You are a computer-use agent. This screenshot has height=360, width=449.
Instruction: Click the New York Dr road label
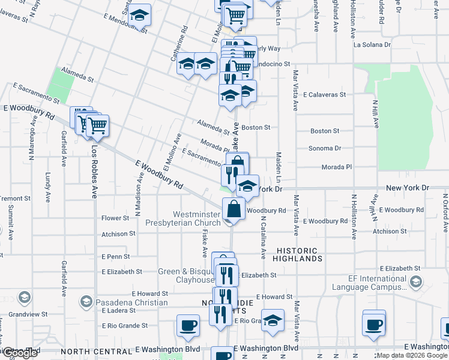(x=408, y=188)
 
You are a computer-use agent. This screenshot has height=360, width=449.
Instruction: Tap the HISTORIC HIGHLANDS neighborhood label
(x=298, y=254)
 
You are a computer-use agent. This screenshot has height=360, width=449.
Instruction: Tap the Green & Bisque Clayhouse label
(x=186, y=275)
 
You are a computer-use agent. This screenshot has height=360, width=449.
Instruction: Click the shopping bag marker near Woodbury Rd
(x=234, y=209)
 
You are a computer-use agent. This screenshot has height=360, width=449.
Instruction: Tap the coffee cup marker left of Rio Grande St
(x=188, y=325)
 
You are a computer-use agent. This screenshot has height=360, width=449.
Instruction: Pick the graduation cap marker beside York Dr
(x=247, y=186)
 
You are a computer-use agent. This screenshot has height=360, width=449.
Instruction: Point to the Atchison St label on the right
(x=390, y=231)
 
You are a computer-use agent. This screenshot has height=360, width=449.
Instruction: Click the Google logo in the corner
(x=20, y=353)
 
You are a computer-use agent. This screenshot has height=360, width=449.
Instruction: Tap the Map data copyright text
(x=412, y=355)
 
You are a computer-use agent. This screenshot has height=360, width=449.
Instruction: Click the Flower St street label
(x=115, y=218)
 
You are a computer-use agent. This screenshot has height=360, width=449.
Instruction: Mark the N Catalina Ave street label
(x=262, y=237)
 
